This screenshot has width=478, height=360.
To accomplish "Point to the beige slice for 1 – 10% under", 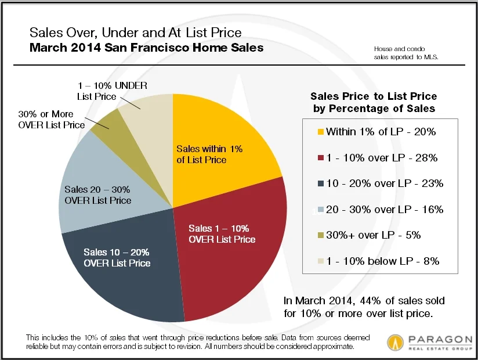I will (145, 110).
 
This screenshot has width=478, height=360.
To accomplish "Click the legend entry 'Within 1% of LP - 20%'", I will (381, 132).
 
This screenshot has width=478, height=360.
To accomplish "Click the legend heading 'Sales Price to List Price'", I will (374, 96).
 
